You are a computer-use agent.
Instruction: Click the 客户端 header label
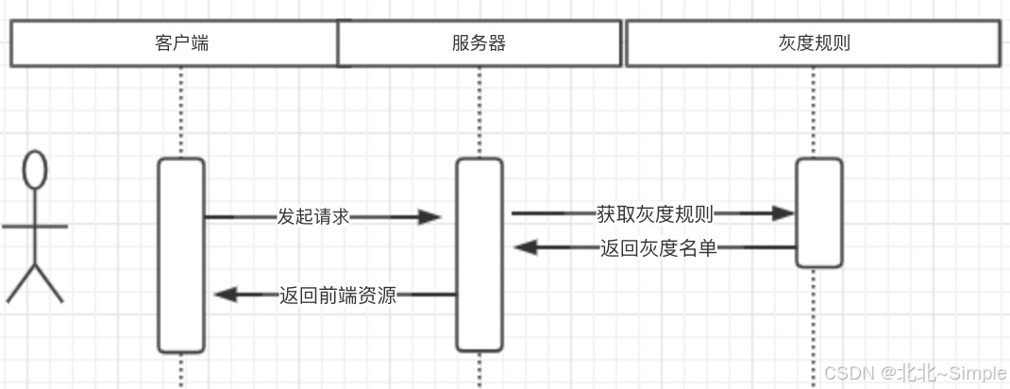point(181,43)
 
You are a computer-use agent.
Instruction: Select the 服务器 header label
point(479,43)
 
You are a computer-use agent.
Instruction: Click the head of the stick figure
point(35,169)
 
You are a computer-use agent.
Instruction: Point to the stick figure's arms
point(35,227)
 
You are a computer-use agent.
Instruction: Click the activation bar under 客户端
point(181,255)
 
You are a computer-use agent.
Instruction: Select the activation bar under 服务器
point(479,255)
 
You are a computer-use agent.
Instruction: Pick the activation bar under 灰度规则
point(818,212)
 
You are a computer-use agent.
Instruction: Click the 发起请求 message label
point(313,216)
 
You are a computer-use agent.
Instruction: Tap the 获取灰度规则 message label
point(654,213)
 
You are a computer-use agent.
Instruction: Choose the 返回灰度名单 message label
point(658,248)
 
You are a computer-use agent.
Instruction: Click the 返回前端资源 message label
point(337,295)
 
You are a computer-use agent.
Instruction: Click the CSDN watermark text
point(848,372)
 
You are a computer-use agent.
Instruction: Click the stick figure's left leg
point(22,284)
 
